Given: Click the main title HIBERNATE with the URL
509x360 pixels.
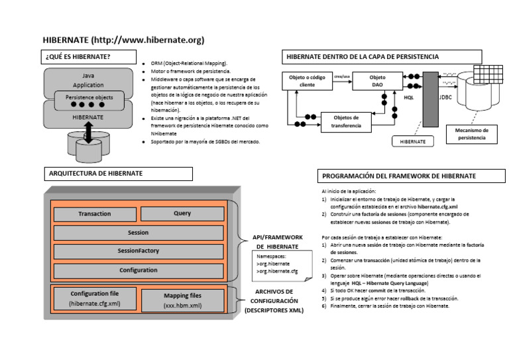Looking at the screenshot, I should [123, 40].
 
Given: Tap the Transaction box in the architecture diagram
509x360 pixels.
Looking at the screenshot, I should [94, 214].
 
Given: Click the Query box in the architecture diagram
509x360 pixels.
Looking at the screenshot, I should [182, 213].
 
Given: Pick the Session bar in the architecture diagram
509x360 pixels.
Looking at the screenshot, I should [138, 233].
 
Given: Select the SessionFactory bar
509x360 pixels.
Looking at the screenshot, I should [138, 251].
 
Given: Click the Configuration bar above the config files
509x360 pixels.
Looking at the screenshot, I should [138, 270].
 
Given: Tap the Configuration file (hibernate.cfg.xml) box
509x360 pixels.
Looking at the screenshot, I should [95, 298].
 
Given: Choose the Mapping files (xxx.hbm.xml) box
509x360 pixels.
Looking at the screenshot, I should [182, 300].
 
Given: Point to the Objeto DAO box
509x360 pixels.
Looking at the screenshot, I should [376, 82].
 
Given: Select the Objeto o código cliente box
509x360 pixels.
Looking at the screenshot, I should [307, 81].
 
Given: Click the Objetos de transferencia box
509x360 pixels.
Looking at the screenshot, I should [346, 121].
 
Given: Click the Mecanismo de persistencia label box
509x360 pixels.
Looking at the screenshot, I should [471, 133].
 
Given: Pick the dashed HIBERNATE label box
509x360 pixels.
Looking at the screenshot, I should [412, 141].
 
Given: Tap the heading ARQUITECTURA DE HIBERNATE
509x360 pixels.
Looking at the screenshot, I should [117, 174].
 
